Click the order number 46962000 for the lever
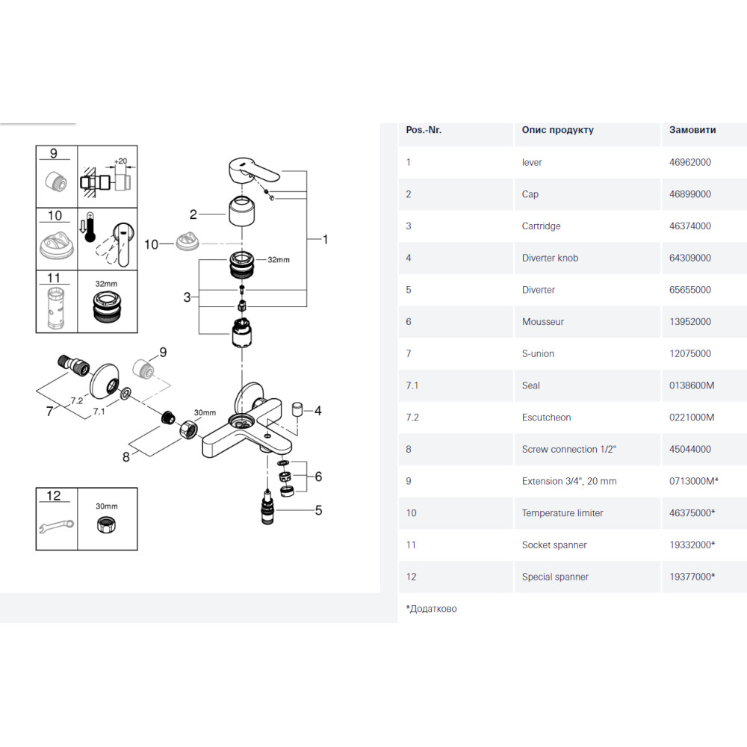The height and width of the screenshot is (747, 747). point(689,162)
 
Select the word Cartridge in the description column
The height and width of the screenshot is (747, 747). point(541,226)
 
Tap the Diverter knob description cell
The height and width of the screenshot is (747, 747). point(550,258)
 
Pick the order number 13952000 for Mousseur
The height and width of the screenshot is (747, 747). point(689,322)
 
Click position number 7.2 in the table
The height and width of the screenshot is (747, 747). point(412,418)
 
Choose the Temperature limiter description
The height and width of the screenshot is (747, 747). point(562,513)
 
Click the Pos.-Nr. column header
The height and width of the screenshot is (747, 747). point(424,130)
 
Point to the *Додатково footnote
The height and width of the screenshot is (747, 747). point(431,609)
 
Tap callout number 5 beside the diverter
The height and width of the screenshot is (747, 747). point(318,511)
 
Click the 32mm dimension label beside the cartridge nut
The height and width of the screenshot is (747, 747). point(278,259)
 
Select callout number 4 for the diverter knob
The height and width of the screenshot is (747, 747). point(317,410)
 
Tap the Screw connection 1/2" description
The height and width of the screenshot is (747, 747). point(565,450)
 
